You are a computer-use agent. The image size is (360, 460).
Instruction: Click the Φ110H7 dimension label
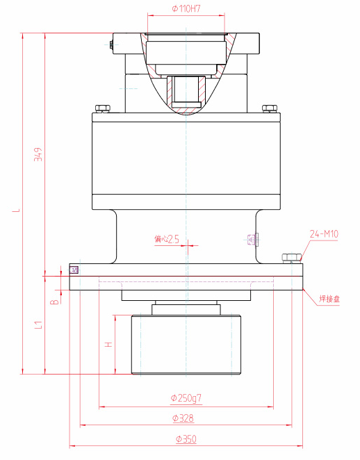pos(186,8)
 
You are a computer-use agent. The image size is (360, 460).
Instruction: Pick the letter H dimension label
pos(107,344)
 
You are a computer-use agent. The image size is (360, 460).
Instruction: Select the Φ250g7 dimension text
pos(186,398)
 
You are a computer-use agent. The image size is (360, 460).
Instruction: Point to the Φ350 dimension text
pos(186,439)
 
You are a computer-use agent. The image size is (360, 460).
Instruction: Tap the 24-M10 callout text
pos(323,234)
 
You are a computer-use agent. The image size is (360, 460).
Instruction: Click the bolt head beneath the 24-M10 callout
pos(291,258)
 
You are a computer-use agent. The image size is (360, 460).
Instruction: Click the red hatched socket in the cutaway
pos(186,93)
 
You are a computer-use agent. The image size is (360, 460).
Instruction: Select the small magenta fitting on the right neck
pos(252,240)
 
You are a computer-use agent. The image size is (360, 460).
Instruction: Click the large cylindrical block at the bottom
pos(186,345)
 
